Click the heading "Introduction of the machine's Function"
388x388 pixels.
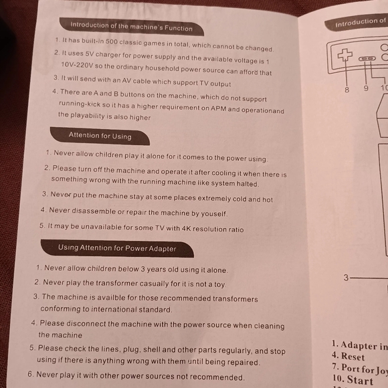click(x=131, y=27)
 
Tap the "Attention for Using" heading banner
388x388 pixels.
click(x=100, y=136)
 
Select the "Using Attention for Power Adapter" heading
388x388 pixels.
click(x=117, y=248)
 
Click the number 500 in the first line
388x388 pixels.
click(x=112, y=41)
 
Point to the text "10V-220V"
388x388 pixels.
click(x=77, y=66)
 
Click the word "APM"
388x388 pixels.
click(x=218, y=108)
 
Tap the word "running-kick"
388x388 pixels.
click(x=80, y=104)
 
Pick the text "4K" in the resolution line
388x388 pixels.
click(x=186, y=228)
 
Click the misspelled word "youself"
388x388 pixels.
click(x=214, y=214)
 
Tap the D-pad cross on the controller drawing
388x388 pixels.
click(x=345, y=55)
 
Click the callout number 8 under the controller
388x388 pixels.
click(x=347, y=90)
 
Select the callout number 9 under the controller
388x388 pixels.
click(x=366, y=88)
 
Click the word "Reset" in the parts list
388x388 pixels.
click(x=353, y=357)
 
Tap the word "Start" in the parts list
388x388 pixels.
click(x=360, y=379)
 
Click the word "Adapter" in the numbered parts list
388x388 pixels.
click(x=359, y=345)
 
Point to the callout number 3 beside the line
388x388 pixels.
click(x=346, y=278)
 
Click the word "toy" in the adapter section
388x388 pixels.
click(x=219, y=284)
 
